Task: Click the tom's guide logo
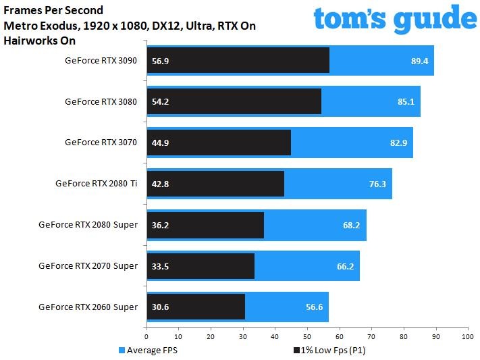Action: pos(395,19)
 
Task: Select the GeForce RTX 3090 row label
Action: pos(101,61)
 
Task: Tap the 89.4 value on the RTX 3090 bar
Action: pos(419,61)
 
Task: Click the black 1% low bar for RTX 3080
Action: pos(234,101)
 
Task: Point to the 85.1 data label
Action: pos(406,102)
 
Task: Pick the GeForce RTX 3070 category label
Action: pos(101,143)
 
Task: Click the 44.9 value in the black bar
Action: pos(160,143)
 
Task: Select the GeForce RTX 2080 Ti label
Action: pos(96,184)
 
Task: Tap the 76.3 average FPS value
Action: pos(377,184)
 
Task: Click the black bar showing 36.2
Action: pos(205,225)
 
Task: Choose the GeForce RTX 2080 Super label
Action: pos(88,225)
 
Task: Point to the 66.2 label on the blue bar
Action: pos(345,266)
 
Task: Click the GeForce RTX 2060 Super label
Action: pos(88,307)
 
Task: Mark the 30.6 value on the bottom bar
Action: pos(160,307)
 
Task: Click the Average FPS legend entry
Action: pos(148,350)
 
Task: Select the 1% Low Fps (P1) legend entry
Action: pos(329,350)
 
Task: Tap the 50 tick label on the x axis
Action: pos(307,337)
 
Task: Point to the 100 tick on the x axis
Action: pos(468,337)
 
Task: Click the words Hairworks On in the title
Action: pos(39,41)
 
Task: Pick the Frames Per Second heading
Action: pos(53,10)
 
